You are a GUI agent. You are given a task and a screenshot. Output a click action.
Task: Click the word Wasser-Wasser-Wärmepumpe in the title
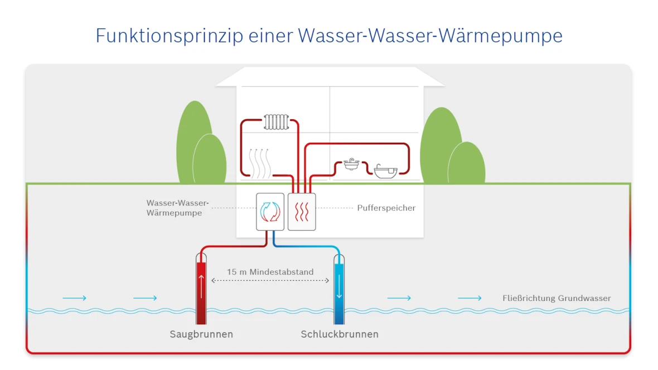430,36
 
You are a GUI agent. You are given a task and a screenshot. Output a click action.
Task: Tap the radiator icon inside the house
276,122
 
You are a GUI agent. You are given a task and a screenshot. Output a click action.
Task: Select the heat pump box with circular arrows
270,212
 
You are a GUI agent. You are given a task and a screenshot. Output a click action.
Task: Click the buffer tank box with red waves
302,212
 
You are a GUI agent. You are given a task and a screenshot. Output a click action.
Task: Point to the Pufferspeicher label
386,208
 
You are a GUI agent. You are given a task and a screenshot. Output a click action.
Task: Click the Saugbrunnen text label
201,335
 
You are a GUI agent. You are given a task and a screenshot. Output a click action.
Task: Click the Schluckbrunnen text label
340,335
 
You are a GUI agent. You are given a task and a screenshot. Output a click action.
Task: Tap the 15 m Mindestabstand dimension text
270,272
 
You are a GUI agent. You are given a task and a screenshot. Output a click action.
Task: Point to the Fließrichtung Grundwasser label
556,298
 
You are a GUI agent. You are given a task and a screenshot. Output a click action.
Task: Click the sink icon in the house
351,164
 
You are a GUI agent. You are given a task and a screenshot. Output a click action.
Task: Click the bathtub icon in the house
385,171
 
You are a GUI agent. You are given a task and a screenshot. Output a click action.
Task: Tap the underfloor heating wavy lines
260,163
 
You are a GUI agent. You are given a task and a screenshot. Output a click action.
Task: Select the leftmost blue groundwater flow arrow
74,298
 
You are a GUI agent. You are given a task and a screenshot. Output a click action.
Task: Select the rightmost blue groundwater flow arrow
470,298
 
